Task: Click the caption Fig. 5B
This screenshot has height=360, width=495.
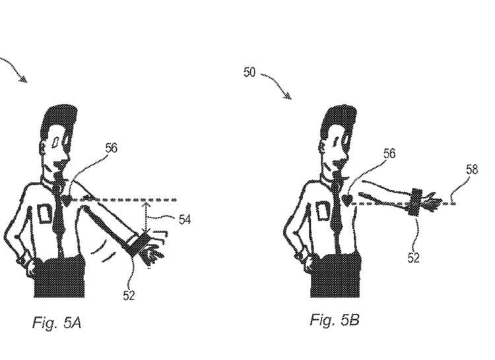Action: click(x=335, y=320)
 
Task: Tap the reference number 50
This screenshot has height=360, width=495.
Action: click(x=249, y=72)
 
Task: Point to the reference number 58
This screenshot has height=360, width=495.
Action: click(x=471, y=169)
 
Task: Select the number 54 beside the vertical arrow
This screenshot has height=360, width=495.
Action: click(x=185, y=220)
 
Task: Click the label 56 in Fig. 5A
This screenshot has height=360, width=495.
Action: click(x=111, y=148)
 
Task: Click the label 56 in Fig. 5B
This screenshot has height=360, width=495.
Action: click(x=389, y=153)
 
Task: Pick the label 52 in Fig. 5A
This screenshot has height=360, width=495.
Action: click(x=129, y=295)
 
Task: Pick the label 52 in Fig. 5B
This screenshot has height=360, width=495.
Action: click(x=413, y=258)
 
